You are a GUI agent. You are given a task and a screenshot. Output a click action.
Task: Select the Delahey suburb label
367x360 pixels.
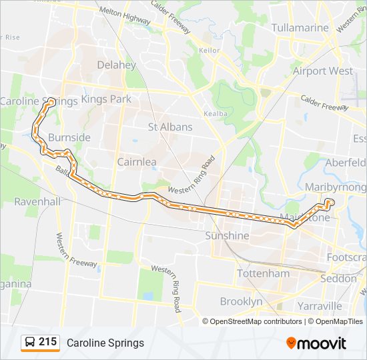click(116, 65)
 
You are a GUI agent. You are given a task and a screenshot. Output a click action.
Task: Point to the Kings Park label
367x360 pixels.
click(106, 99)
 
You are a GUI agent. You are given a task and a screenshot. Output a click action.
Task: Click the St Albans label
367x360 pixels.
click(170, 127)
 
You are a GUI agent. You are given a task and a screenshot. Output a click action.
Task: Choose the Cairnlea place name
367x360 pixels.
click(137, 161)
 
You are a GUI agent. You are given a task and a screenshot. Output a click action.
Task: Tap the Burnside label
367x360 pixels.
click(69, 137)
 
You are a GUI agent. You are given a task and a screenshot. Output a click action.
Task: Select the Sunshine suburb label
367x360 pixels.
click(227, 236)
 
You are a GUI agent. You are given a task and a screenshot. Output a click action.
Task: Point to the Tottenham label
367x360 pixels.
click(264, 273)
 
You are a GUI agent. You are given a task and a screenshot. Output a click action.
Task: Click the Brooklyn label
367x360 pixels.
click(241, 301)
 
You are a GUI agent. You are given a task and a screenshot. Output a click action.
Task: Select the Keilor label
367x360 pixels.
click(209, 49)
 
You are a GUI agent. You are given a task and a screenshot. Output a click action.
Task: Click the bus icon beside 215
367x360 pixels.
click(30, 343)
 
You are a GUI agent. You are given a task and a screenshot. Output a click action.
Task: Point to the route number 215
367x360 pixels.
click(47, 342)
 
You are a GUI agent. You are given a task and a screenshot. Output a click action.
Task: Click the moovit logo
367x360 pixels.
click(316, 343)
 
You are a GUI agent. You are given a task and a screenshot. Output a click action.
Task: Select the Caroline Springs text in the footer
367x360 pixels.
click(105, 343)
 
